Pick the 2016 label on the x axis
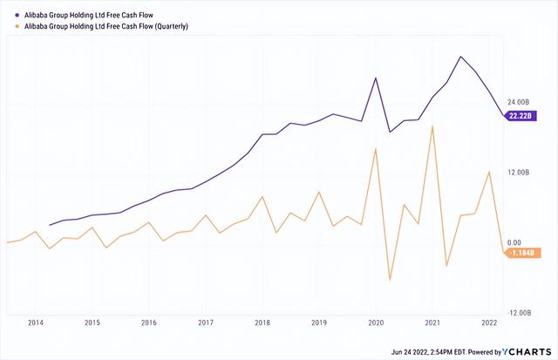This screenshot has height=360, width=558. pyautogui.click(x=148, y=323)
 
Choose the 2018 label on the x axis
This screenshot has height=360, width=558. pyautogui.click(x=262, y=323)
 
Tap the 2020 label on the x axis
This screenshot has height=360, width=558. pyautogui.click(x=375, y=323)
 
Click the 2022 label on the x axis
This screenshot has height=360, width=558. pyautogui.click(x=488, y=323)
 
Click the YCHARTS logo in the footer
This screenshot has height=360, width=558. pyautogui.click(x=527, y=351)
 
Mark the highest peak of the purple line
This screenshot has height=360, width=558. pyautogui.click(x=460, y=57)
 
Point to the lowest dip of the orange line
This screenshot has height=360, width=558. pyautogui.click(x=390, y=281)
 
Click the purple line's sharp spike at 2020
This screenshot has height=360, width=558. pyautogui.click(x=376, y=78)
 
